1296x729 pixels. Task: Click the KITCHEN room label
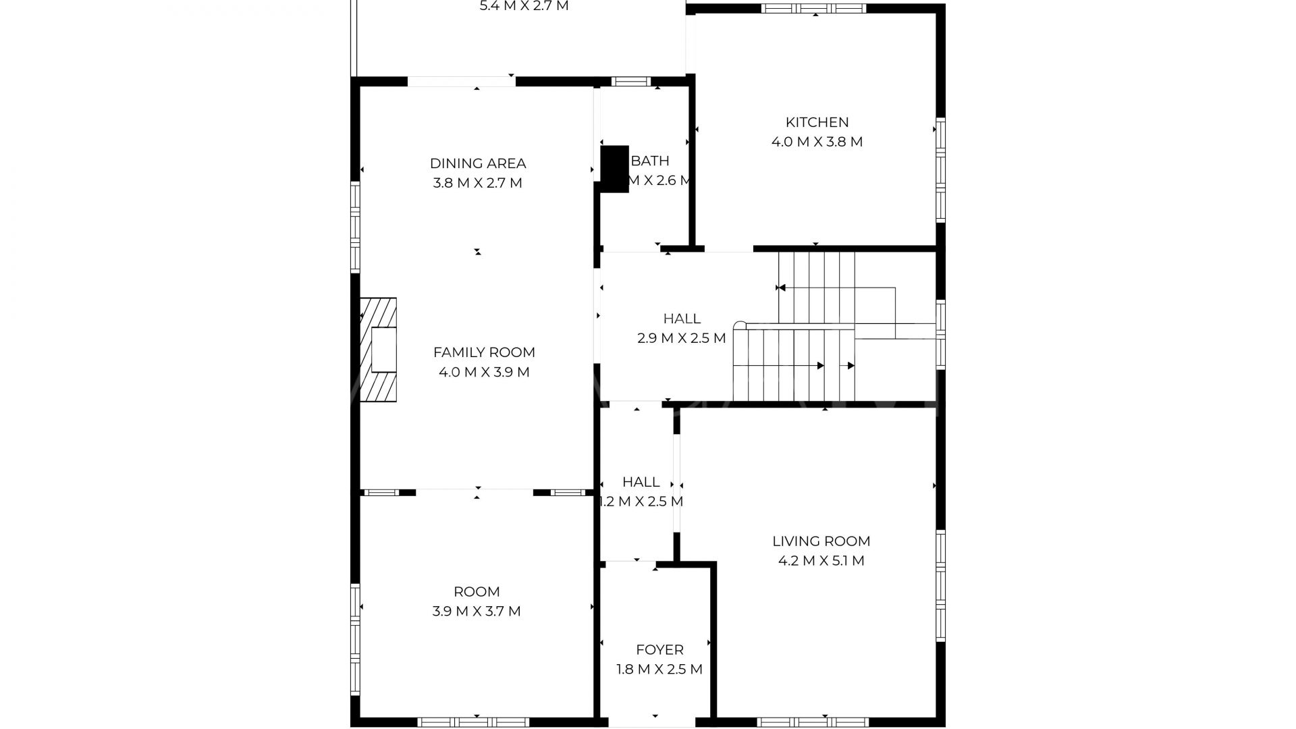[x=817, y=122]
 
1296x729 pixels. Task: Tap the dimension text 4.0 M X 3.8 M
[x=817, y=142]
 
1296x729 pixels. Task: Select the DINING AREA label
[x=478, y=163]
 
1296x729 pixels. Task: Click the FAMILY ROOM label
[x=484, y=352]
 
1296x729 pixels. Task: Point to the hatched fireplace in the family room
[x=378, y=350]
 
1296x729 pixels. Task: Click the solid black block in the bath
[x=614, y=169]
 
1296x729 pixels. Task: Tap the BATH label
[x=650, y=161]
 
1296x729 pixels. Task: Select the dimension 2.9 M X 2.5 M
[x=681, y=338]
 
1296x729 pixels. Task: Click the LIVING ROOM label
[x=821, y=541]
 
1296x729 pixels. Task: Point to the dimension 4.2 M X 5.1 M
[x=821, y=561]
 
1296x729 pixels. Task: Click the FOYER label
[x=659, y=650]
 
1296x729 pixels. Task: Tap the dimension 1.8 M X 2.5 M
[x=659, y=670]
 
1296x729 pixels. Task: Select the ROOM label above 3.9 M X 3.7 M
[x=477, y=592]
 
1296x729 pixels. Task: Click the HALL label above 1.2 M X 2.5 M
[x=641, y=482]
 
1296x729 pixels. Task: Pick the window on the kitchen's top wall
[x=813, y=9]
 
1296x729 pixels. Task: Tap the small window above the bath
[x=630, y=82]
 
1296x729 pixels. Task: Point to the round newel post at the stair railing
[x=740, y=325]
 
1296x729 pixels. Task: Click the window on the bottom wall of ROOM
[x=473, y=722]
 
